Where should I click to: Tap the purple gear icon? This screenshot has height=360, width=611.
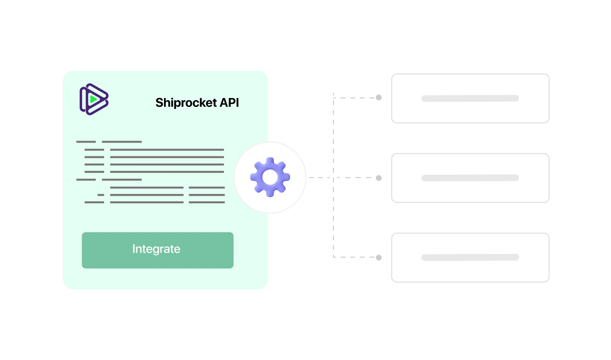(x=270, y=177)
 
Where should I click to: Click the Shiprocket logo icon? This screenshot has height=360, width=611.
(x=94, y=99)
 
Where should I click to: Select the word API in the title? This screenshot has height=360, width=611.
(x=229, y=103)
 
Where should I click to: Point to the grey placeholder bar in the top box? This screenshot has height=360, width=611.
(x=470, y=98)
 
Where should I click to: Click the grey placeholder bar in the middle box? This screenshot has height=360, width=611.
(x=470, y=178)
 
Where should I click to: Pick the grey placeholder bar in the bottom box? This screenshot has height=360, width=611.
(x=470, y=258)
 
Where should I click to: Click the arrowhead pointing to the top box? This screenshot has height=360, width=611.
(x=379, y=98)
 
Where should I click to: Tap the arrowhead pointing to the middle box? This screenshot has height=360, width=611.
(x=379, y=178)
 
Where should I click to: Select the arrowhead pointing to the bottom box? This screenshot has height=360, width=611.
(x=379, y=258)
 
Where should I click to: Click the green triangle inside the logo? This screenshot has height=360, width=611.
(x=94, y=99)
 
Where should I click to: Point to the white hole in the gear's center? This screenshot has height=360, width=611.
(x=270, y=177)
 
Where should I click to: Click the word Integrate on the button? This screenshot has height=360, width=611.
(x=156, y=249)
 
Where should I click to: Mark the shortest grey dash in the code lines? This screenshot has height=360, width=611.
(x=101, y=195)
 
